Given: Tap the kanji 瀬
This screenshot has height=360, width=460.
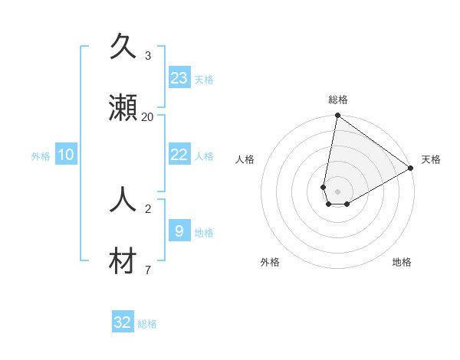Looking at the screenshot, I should tap(123, 109).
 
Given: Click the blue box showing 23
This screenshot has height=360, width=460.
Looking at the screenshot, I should tap(179, 78).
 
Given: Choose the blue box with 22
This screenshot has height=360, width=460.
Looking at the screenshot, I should tap(179, 155).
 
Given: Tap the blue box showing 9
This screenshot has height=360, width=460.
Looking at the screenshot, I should tap(179, 231).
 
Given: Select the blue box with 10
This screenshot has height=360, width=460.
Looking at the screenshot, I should tap(66, 155).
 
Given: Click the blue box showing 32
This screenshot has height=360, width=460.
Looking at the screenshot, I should tap(123, 322).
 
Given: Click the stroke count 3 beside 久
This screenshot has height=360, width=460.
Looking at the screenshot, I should tap(147, 55).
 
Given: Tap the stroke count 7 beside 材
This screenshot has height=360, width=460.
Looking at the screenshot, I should tap(147, 270).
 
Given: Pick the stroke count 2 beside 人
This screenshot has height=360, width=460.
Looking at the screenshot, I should tap(147, 208).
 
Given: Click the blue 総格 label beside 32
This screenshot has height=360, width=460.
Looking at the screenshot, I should tap(147, 324).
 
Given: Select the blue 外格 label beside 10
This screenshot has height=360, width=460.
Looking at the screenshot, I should tap(41, 156).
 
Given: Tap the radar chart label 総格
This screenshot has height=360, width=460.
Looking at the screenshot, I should tap(338, 100).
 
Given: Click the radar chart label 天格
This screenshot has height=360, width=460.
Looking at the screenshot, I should tap(431, 159).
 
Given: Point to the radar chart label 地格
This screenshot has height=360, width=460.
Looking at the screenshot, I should tap(402, 262).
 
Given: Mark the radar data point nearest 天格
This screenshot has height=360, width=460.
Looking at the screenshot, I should tap(411, 169).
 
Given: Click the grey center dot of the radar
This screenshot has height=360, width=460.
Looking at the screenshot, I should tap(338, 191).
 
